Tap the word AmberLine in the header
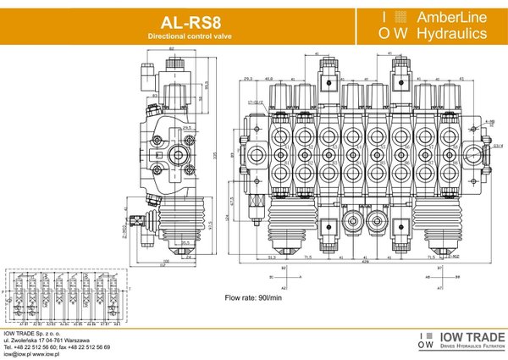click(444, 17)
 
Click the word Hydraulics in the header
click(444, 35)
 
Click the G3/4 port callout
click(498, 146)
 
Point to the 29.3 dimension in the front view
click(247, 79)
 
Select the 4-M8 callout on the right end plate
click(490, 122)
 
